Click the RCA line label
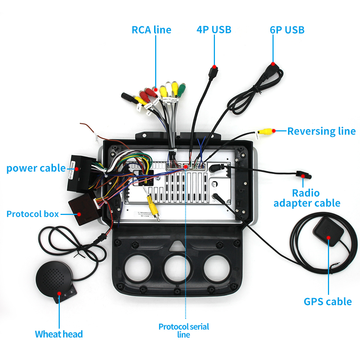tap(151, 30)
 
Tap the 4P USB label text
tap(214, 30)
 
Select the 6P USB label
tap(287, 30)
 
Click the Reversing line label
tap(321, 131)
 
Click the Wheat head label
tap(59, 334)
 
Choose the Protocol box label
tap(32, 214)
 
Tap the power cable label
tap(36, 168)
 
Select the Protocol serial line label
tap(184, 330)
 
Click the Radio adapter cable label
tap(307, 198)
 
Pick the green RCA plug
tap(182, 89)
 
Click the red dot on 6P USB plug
tap(273, 64)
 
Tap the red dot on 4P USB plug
tap(214, 67)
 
